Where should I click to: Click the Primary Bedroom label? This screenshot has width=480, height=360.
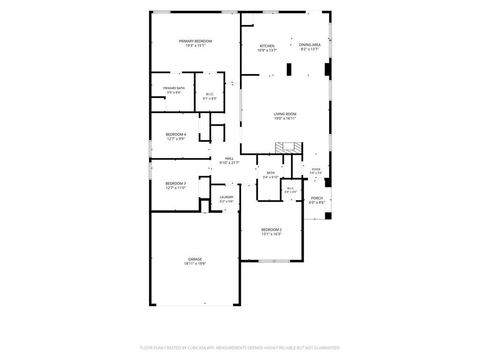pyautogui.click(x=195, y=41)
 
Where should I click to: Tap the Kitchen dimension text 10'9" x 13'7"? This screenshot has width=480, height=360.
pyautogui.click(x=267, y=51)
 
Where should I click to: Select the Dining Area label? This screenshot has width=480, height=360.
pyautogui.click(x=310, y=45)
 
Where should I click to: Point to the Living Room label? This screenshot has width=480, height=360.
pyautogui.click(x=285, y=114)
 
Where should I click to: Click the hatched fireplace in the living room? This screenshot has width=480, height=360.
pyautogui.click(x=289, y=148)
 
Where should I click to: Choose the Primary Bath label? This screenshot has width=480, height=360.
pyautogui.click(x=174, y=88)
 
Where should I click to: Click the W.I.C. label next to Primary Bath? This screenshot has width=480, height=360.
pyautogui.click(x=210, y=94)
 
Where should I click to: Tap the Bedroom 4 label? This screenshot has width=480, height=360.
pyautogui.click(x=176, y=135)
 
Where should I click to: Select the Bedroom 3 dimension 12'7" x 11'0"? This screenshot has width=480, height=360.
pyautogui.click(x=176, y=188)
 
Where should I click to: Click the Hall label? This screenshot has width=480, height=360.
pyautogui.click(x=229, y=158)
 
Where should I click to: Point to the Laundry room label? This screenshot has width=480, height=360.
pyautogui.click(x=226, y=197)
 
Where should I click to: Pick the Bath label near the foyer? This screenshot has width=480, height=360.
pyautogui.click(x=270, y=173)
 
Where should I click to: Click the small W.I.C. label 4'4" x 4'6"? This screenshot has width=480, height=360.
pyautogui.click(x=291, y=192)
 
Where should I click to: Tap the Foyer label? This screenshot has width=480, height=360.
pyautogui.click(x=316, y=169)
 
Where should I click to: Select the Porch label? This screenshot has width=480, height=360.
pyautogui.click(x=317, y=198)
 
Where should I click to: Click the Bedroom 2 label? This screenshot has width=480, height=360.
pyautogui.click(x=271, y=230)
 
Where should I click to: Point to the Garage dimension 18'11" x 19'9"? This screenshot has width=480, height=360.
pyautogui.click(x=195, y=263)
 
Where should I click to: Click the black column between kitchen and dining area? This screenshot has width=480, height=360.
pyautogui.click(x=289, y=69)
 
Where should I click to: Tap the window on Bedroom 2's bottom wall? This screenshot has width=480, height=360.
pyautogui.click(x=274, y=261)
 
